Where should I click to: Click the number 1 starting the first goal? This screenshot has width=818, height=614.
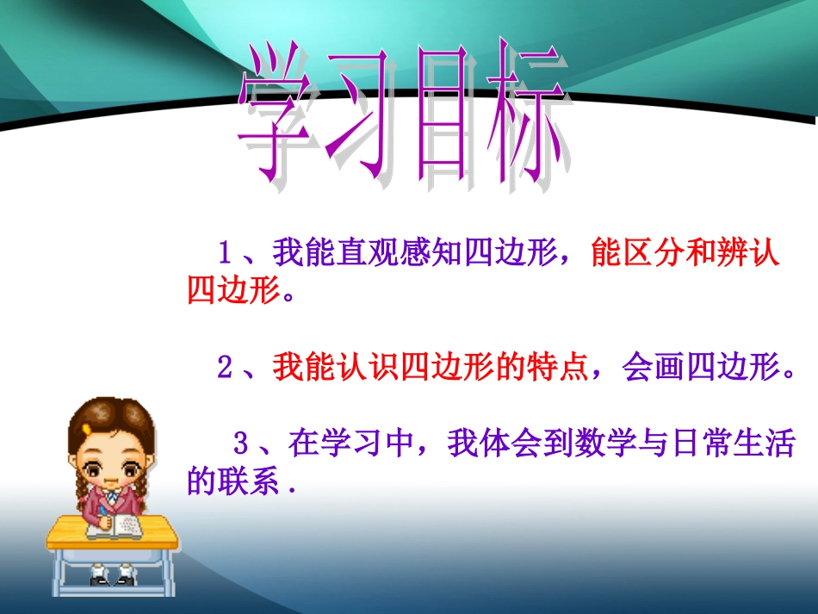226,255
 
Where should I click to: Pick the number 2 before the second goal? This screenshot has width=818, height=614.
226,369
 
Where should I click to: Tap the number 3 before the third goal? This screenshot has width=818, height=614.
241,445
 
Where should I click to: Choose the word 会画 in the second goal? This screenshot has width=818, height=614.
652,369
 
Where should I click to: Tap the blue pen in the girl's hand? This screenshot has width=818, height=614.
102,512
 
